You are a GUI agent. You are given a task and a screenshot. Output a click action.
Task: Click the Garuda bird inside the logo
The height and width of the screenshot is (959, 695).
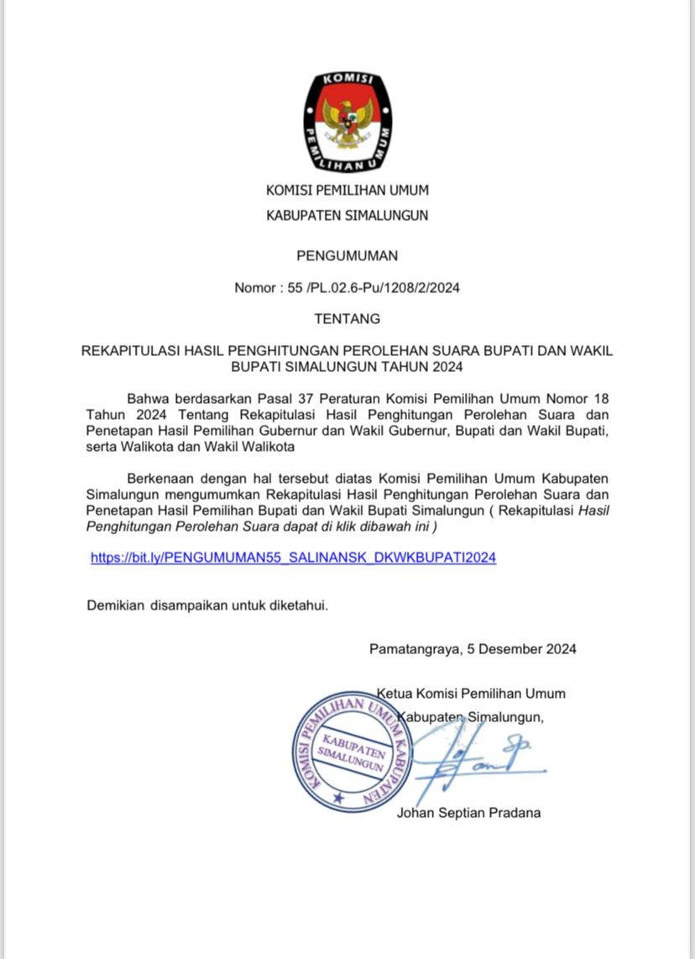[x=347, y=123]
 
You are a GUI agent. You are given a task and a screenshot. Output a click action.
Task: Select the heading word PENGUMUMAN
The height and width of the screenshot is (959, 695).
[x=347, y=255]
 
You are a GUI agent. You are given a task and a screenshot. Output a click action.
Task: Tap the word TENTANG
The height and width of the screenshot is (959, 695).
[x=347, y=319]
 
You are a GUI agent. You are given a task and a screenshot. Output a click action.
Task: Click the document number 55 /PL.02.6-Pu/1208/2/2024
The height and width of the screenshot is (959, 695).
[x=374, y=288]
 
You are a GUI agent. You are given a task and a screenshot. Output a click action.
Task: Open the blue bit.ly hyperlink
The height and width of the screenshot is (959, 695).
[x=293, y=557]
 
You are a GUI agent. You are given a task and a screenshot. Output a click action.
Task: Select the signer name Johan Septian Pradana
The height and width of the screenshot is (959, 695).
[x=468, y=812]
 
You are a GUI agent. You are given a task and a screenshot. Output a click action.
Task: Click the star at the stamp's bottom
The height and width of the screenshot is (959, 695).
[x=338, y=795]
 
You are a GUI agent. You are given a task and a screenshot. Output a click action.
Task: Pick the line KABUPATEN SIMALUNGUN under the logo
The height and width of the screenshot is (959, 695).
[x=347, y=215]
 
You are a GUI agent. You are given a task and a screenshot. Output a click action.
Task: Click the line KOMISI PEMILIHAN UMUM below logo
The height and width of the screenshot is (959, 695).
[x=347, y=191]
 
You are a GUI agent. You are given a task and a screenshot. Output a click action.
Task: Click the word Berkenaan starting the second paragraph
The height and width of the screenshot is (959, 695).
[x=159, y=478]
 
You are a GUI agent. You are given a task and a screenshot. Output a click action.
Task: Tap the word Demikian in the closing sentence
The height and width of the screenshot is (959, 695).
[x=116, y=605]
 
